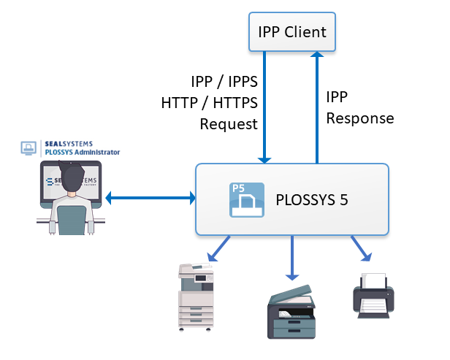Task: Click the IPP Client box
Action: [x=291, y=32]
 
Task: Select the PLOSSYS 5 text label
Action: [x=313, y=199]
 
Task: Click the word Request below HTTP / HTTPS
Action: [x=229, y=123]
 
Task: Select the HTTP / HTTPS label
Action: [x=210, y=102]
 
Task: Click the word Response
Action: [x=359, y=118]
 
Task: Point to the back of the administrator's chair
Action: [x=72, y=220]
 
